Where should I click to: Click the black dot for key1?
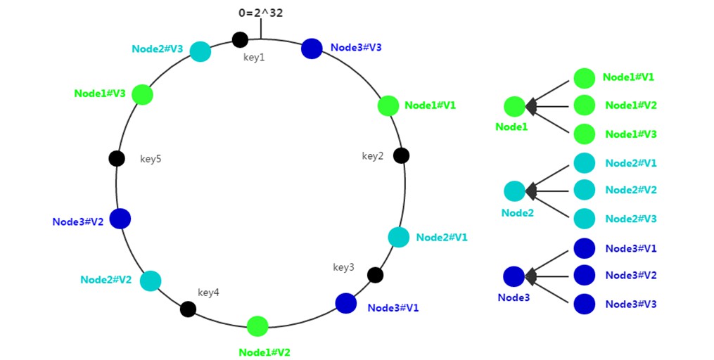coord(240,39)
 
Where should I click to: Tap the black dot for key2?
coord(401,155)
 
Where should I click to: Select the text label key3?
coord(343,267)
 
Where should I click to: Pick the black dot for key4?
coord(188,309)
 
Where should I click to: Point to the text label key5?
coord(151,159)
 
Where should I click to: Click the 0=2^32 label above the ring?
coord(260,13)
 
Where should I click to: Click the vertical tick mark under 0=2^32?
coord(260,30)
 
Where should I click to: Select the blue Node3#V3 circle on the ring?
coord(312,49)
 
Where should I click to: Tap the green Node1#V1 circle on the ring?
coord(388,105)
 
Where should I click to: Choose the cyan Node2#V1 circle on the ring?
coord(399,237)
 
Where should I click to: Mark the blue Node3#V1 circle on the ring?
coord(345,303)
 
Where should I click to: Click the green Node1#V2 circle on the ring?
coord(257,326)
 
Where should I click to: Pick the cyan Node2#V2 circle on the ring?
coord(150,281)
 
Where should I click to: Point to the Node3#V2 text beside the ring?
coord(77,221)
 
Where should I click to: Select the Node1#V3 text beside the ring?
coord(99,94)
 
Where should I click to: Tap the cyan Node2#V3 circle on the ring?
coord(200,51)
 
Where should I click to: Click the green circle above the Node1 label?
coord(514,107)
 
